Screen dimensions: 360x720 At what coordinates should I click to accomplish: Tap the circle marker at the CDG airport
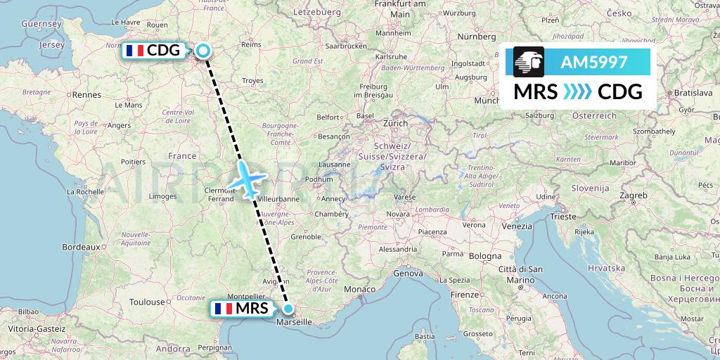(x=203, y=50)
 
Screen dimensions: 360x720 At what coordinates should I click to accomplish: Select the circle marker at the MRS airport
(x=288, y=308)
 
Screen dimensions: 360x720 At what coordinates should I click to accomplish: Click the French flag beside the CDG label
(x=134, y=50)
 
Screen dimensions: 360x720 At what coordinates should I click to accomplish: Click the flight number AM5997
(x=593, y=62)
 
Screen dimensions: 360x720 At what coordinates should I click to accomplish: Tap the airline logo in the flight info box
(x=529, y=61)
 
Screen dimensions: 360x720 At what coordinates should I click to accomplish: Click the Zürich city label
(x=395, y=123)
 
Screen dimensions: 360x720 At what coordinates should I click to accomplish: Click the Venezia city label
(x=517, y=226)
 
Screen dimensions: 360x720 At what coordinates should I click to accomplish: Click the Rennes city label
(x=88, y=94)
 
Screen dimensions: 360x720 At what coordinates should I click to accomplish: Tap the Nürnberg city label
(x=477, y=35)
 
